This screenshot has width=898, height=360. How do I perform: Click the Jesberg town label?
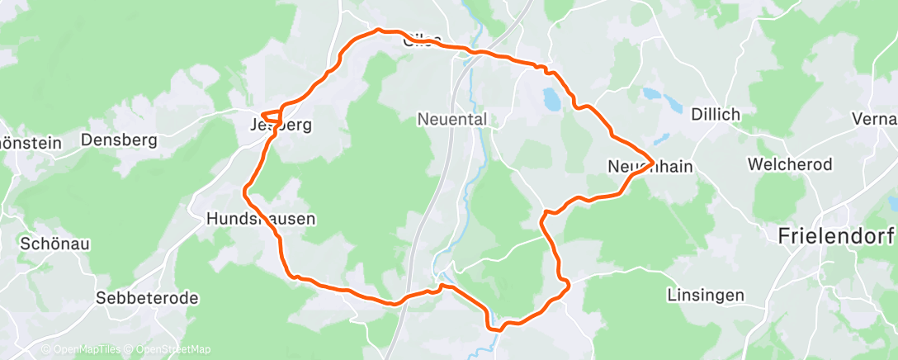point(281,126)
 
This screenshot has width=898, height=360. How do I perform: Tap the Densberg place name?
point(119,140)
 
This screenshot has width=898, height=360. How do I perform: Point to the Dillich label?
point(716,114)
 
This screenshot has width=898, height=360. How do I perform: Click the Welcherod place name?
point(789,164)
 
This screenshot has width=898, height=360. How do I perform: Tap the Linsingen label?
point(706,295)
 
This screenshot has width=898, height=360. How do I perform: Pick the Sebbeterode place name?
point(147,298)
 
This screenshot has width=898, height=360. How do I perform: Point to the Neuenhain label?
point(649,167)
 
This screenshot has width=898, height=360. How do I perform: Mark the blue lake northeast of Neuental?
point(551,99)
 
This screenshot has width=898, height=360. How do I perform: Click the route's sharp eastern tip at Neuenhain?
point(654,159)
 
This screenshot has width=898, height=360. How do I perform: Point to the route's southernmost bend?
point(494,329)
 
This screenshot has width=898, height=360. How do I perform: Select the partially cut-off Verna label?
point(878,119)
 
